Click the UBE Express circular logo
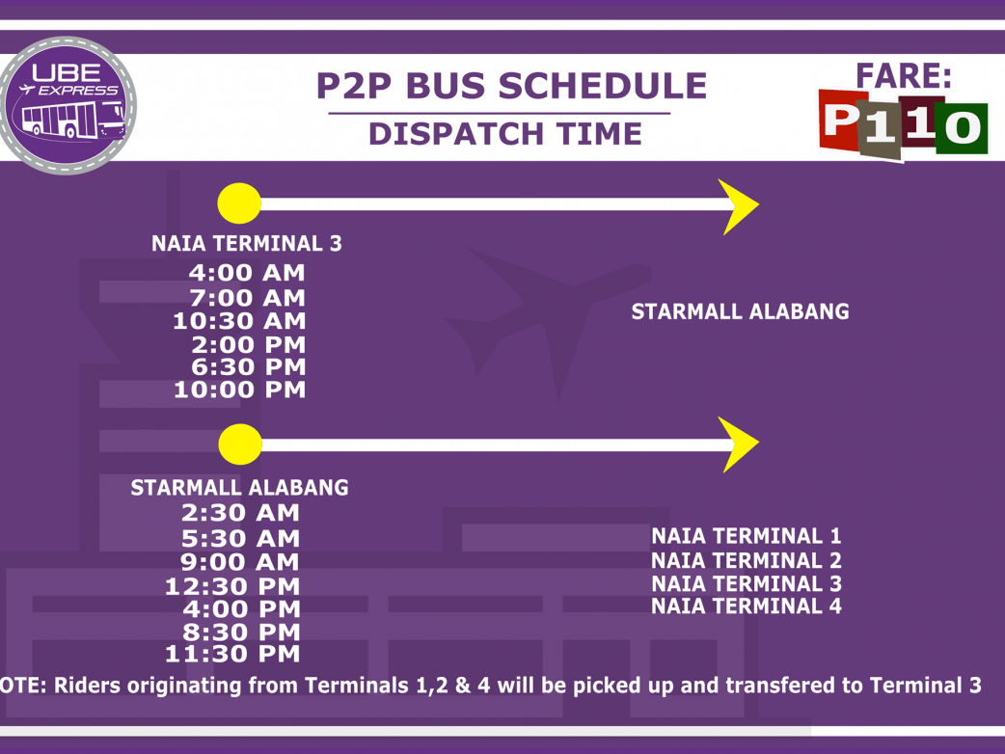[68, 105]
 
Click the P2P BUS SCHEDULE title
[511, 86]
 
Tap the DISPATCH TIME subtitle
[505, 134]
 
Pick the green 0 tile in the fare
[962, 128]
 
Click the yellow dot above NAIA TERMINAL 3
[239, 203]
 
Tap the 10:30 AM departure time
[240, 321]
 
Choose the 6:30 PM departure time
[249, 367]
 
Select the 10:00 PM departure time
[240, 390]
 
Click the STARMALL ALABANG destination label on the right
[741, 311]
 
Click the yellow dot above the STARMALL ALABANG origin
[240, 444]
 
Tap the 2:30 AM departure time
[240, 513]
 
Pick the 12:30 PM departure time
[232, 586]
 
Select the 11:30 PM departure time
[232, 654]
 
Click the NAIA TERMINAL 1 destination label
[747, 535]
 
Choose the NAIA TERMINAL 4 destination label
[747, 606]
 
